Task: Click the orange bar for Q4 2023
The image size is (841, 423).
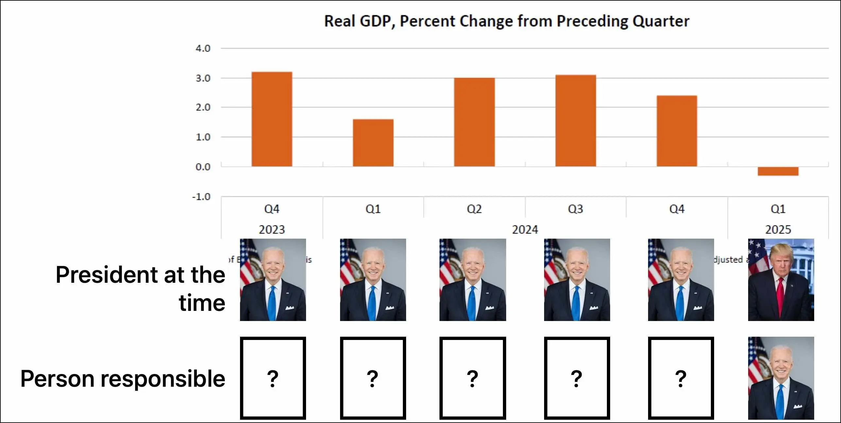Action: (x=272, y=119)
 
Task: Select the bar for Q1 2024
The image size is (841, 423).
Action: (x=373, y=143)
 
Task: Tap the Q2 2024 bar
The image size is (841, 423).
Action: (x=474, y=122)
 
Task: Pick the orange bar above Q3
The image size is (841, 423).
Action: (x=575, y=121)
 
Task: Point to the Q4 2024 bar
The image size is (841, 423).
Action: (x=677, y=131)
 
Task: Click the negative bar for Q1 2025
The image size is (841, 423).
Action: (x=778, y=171)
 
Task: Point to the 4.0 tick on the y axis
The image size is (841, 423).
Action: (x=203, y=48)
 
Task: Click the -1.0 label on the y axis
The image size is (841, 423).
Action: (x=201, y=197)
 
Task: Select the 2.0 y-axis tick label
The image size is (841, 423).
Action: (x=203, y=108)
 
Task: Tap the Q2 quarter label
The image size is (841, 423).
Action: (x=474, y=209)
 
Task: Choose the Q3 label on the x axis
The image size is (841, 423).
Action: (x=575, y=209)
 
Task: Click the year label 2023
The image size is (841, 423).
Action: (x=272, y=230)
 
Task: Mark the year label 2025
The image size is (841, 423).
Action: (x=778, y=230)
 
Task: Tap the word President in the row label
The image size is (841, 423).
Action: (x=108, y=275)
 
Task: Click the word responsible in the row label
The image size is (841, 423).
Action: (x=163, y=379)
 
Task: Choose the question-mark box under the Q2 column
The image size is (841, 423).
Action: (x=472, y=378)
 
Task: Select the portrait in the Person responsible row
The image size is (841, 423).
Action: (x=781, y=378)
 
